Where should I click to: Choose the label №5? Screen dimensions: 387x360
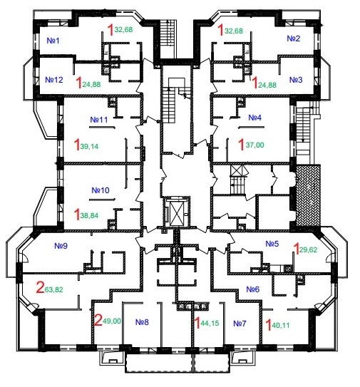click(272, 244)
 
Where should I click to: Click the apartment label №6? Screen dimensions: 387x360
click(253, 289)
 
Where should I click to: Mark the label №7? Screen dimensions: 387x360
click(240, 324)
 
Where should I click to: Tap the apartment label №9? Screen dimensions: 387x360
click(61, 247)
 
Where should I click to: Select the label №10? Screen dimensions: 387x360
click(101, 190)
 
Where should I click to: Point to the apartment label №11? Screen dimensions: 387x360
click(99, 119)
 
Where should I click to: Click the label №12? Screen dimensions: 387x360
click(54, 80)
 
